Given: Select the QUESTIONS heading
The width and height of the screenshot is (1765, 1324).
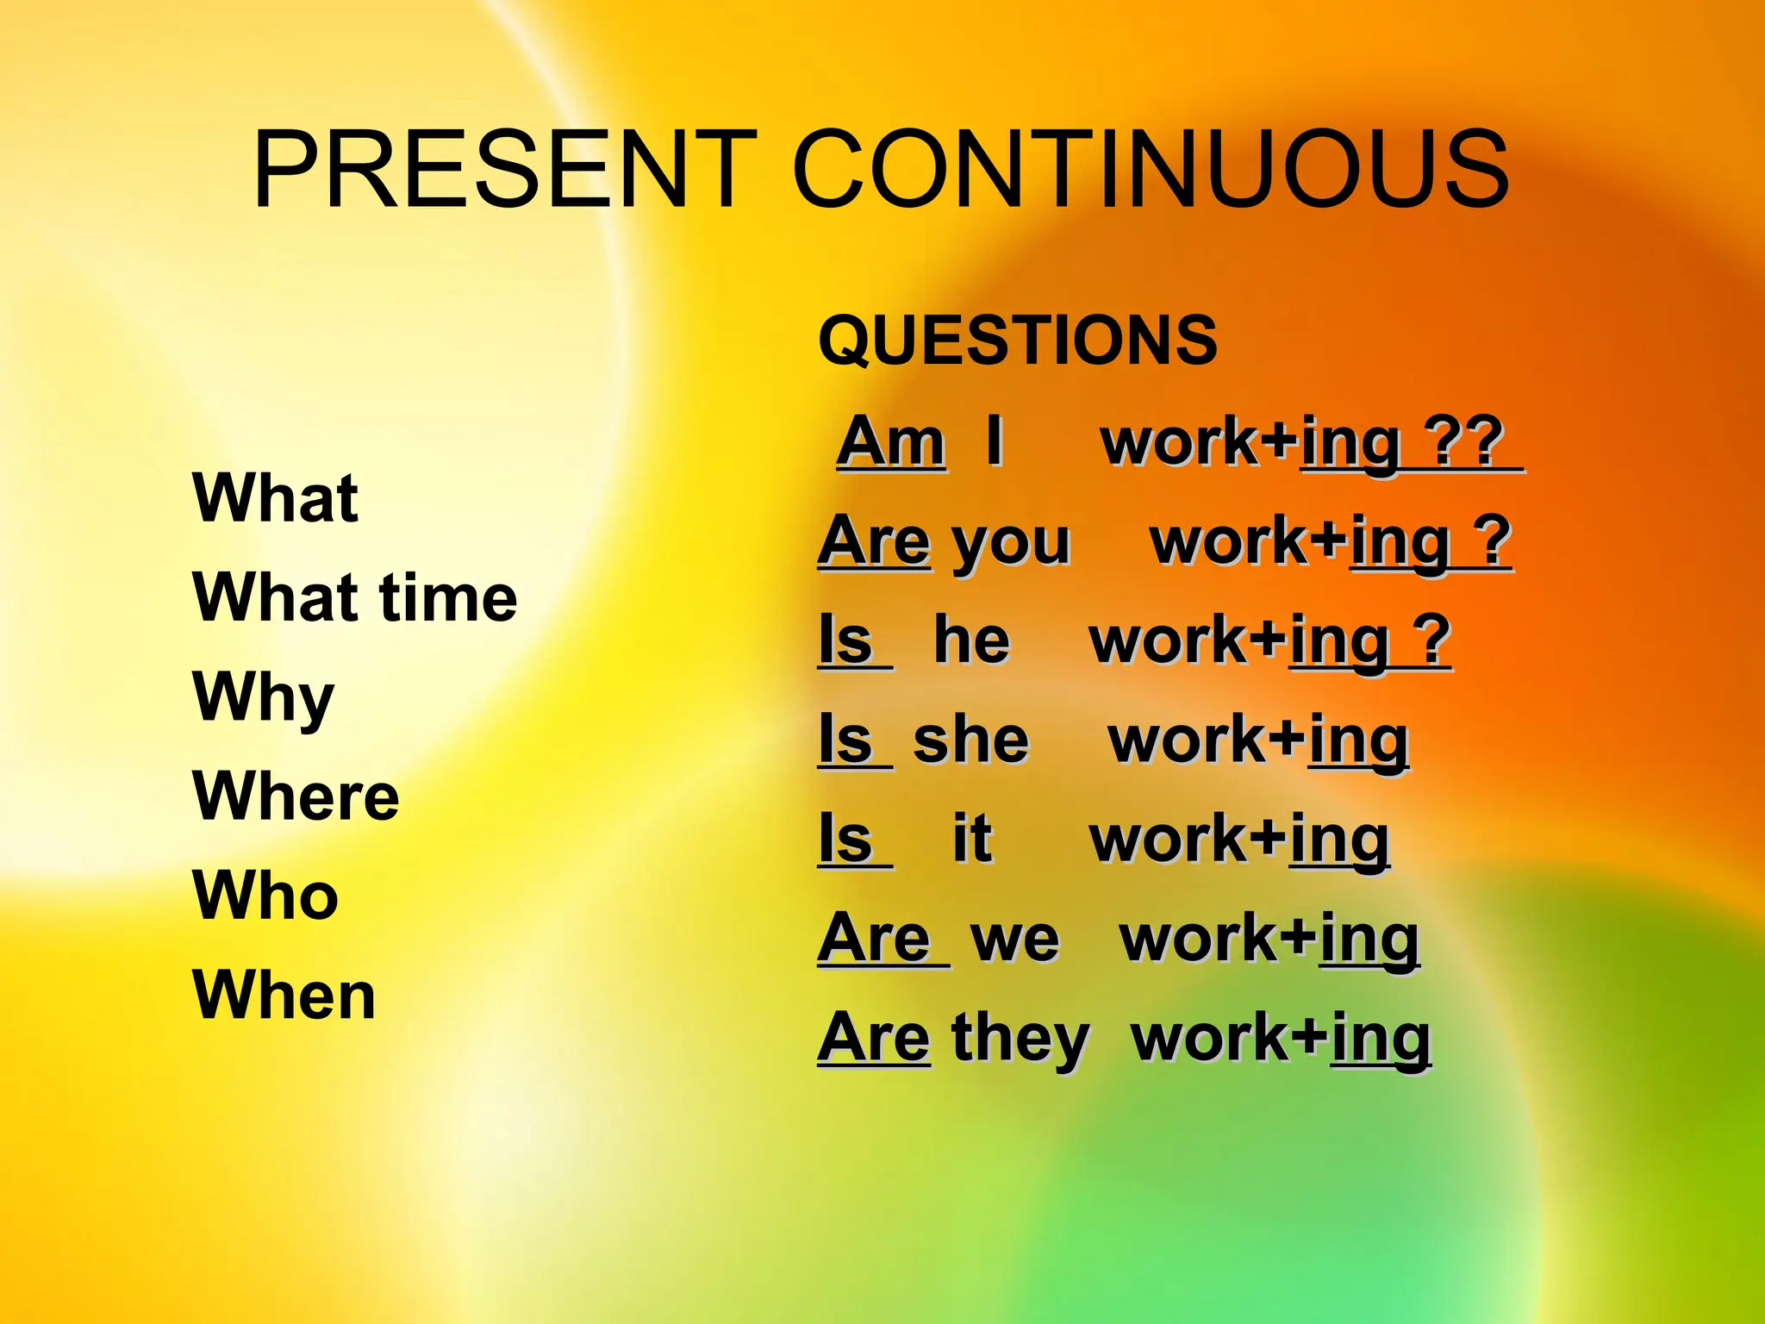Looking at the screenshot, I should coord(1018,340).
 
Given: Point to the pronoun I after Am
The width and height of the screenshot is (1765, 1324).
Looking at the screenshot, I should coord(994,441).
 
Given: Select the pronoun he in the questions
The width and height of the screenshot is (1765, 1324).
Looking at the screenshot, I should coord(971,640).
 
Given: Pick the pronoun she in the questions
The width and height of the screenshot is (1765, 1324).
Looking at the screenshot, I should coord(970,740).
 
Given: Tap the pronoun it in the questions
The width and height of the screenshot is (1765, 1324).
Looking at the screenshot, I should coord(971,838).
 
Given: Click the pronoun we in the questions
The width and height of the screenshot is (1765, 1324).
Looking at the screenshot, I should coord(1015,938).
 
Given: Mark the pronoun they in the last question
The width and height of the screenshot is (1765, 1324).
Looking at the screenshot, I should coord(1021,1038).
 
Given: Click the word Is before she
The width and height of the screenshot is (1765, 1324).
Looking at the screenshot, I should coord(846,740).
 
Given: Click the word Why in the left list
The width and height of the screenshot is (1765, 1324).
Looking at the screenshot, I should coord(264,698).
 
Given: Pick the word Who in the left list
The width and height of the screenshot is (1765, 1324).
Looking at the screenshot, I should coord(265,896).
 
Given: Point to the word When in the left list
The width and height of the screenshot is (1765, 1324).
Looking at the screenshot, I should coord(284,996).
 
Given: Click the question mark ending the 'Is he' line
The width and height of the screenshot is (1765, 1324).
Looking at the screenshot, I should coord(1431,640).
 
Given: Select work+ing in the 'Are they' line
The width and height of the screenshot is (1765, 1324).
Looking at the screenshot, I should coord(1281,1038).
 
